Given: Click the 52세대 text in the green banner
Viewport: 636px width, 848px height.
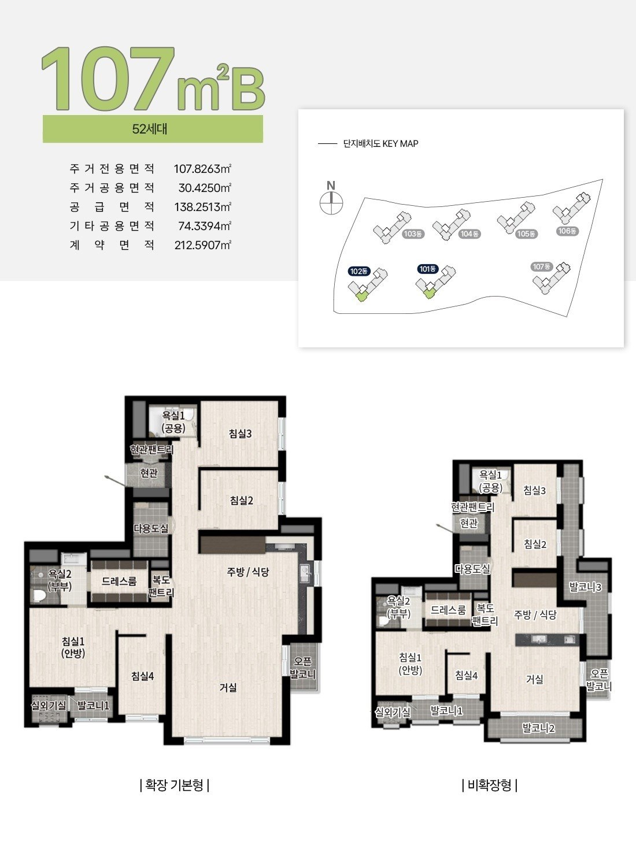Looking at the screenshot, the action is pos(150,129).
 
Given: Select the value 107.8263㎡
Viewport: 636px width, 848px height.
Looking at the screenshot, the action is pos(202,169).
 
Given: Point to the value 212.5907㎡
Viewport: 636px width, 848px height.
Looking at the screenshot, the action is pos(203,245).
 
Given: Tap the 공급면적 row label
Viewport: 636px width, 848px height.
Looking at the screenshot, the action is pos(112,207).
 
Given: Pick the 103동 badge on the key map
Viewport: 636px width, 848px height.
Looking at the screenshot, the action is pos(413,234).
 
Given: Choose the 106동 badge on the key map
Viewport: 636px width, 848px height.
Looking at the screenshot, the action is pos(567,231).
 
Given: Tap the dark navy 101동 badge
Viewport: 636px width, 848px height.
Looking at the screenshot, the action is pos(427,269).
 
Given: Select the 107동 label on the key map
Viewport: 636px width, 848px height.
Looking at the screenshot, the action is pos(542,266).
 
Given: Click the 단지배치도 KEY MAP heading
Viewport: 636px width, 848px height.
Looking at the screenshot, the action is pos(380,144).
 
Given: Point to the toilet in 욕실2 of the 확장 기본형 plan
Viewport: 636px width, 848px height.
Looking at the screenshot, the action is pos(39,595).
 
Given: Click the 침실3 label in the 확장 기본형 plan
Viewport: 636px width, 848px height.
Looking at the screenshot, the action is pos(240,434).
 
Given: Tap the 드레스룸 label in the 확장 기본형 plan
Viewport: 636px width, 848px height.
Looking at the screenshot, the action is pos(119,581).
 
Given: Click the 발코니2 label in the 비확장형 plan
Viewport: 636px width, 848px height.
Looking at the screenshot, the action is pos(539,728).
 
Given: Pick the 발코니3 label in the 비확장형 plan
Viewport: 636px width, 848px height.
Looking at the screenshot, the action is pos(585,587).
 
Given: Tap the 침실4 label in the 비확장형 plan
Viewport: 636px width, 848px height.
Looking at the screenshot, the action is pos(467,675).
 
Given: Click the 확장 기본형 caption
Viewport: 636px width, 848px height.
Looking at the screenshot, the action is pos(174,785).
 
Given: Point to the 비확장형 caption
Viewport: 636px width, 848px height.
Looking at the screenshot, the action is pos(490,785).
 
